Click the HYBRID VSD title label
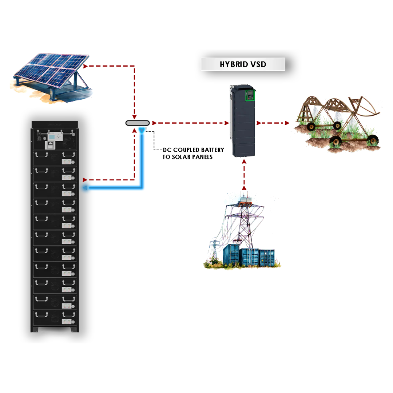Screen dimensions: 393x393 tap(243, 64)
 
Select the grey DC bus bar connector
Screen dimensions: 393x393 tap(137, 123)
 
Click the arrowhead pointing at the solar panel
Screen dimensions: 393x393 tap(86, 66)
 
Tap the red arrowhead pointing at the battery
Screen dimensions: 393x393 tap(85, 180)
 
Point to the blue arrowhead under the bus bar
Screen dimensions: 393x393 tap(141, 130)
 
